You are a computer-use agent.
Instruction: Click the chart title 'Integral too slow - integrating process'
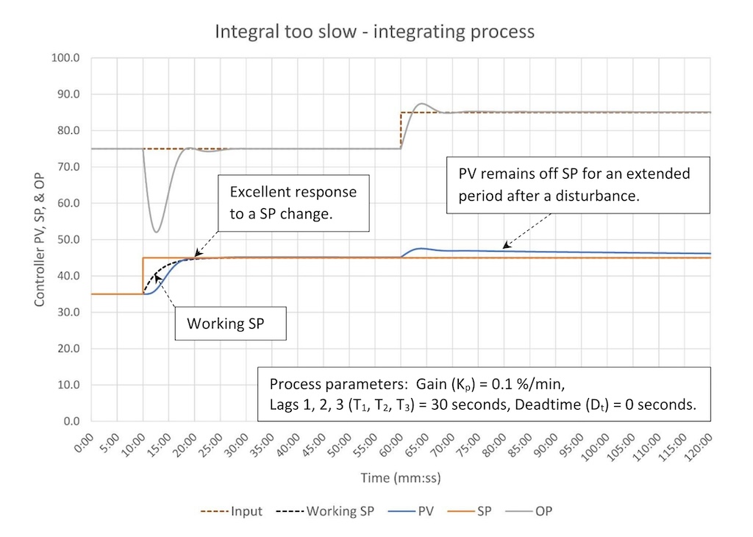pyautogui.click(x=374, y=32)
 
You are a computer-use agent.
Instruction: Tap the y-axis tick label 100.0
pyautogui.click(x=66, y=58)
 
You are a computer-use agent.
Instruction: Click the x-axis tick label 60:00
pyautogui.click(x=392, y=445)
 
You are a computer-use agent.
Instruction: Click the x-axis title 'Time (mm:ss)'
pyautogui.click(x=400, y=478)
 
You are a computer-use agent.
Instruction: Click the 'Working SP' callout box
pyautogui.click(x=229, y=324)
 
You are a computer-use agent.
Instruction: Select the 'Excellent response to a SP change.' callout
pyautogui.click(x=293, y=203)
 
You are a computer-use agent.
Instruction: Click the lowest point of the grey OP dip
pyautogui.click(x=155, y=232)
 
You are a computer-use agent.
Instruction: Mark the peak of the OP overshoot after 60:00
pyautogui.click(x=421, y=104)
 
